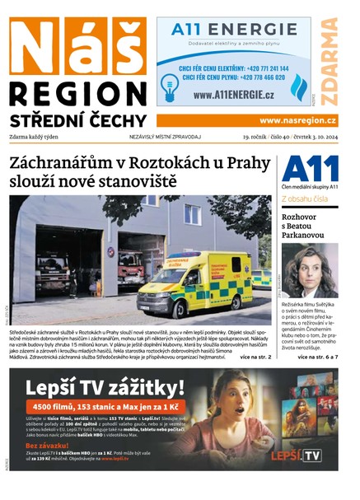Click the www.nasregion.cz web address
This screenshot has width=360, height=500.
click(297, 120)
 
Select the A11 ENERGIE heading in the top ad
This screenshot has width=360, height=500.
click(235, 30)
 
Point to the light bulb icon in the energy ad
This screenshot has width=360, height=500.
click(170, 86)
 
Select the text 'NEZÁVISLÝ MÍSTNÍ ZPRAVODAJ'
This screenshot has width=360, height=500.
click(165, 136)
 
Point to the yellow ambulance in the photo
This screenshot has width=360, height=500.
click(207, 284)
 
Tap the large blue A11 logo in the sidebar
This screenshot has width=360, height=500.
click(310, 168)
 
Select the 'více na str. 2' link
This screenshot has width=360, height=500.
click(255, 357)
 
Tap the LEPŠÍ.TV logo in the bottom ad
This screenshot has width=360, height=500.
click(299, 455)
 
